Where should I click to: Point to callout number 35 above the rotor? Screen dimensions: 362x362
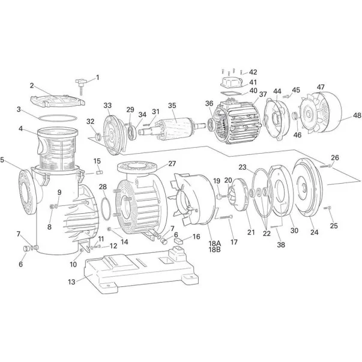(x=172, y=106)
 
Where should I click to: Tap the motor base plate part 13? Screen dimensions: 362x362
(x=138, y=270)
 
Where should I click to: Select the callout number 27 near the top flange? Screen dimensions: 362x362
(x=172, y=163)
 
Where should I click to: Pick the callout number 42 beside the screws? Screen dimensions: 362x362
(x=253, y=72)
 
